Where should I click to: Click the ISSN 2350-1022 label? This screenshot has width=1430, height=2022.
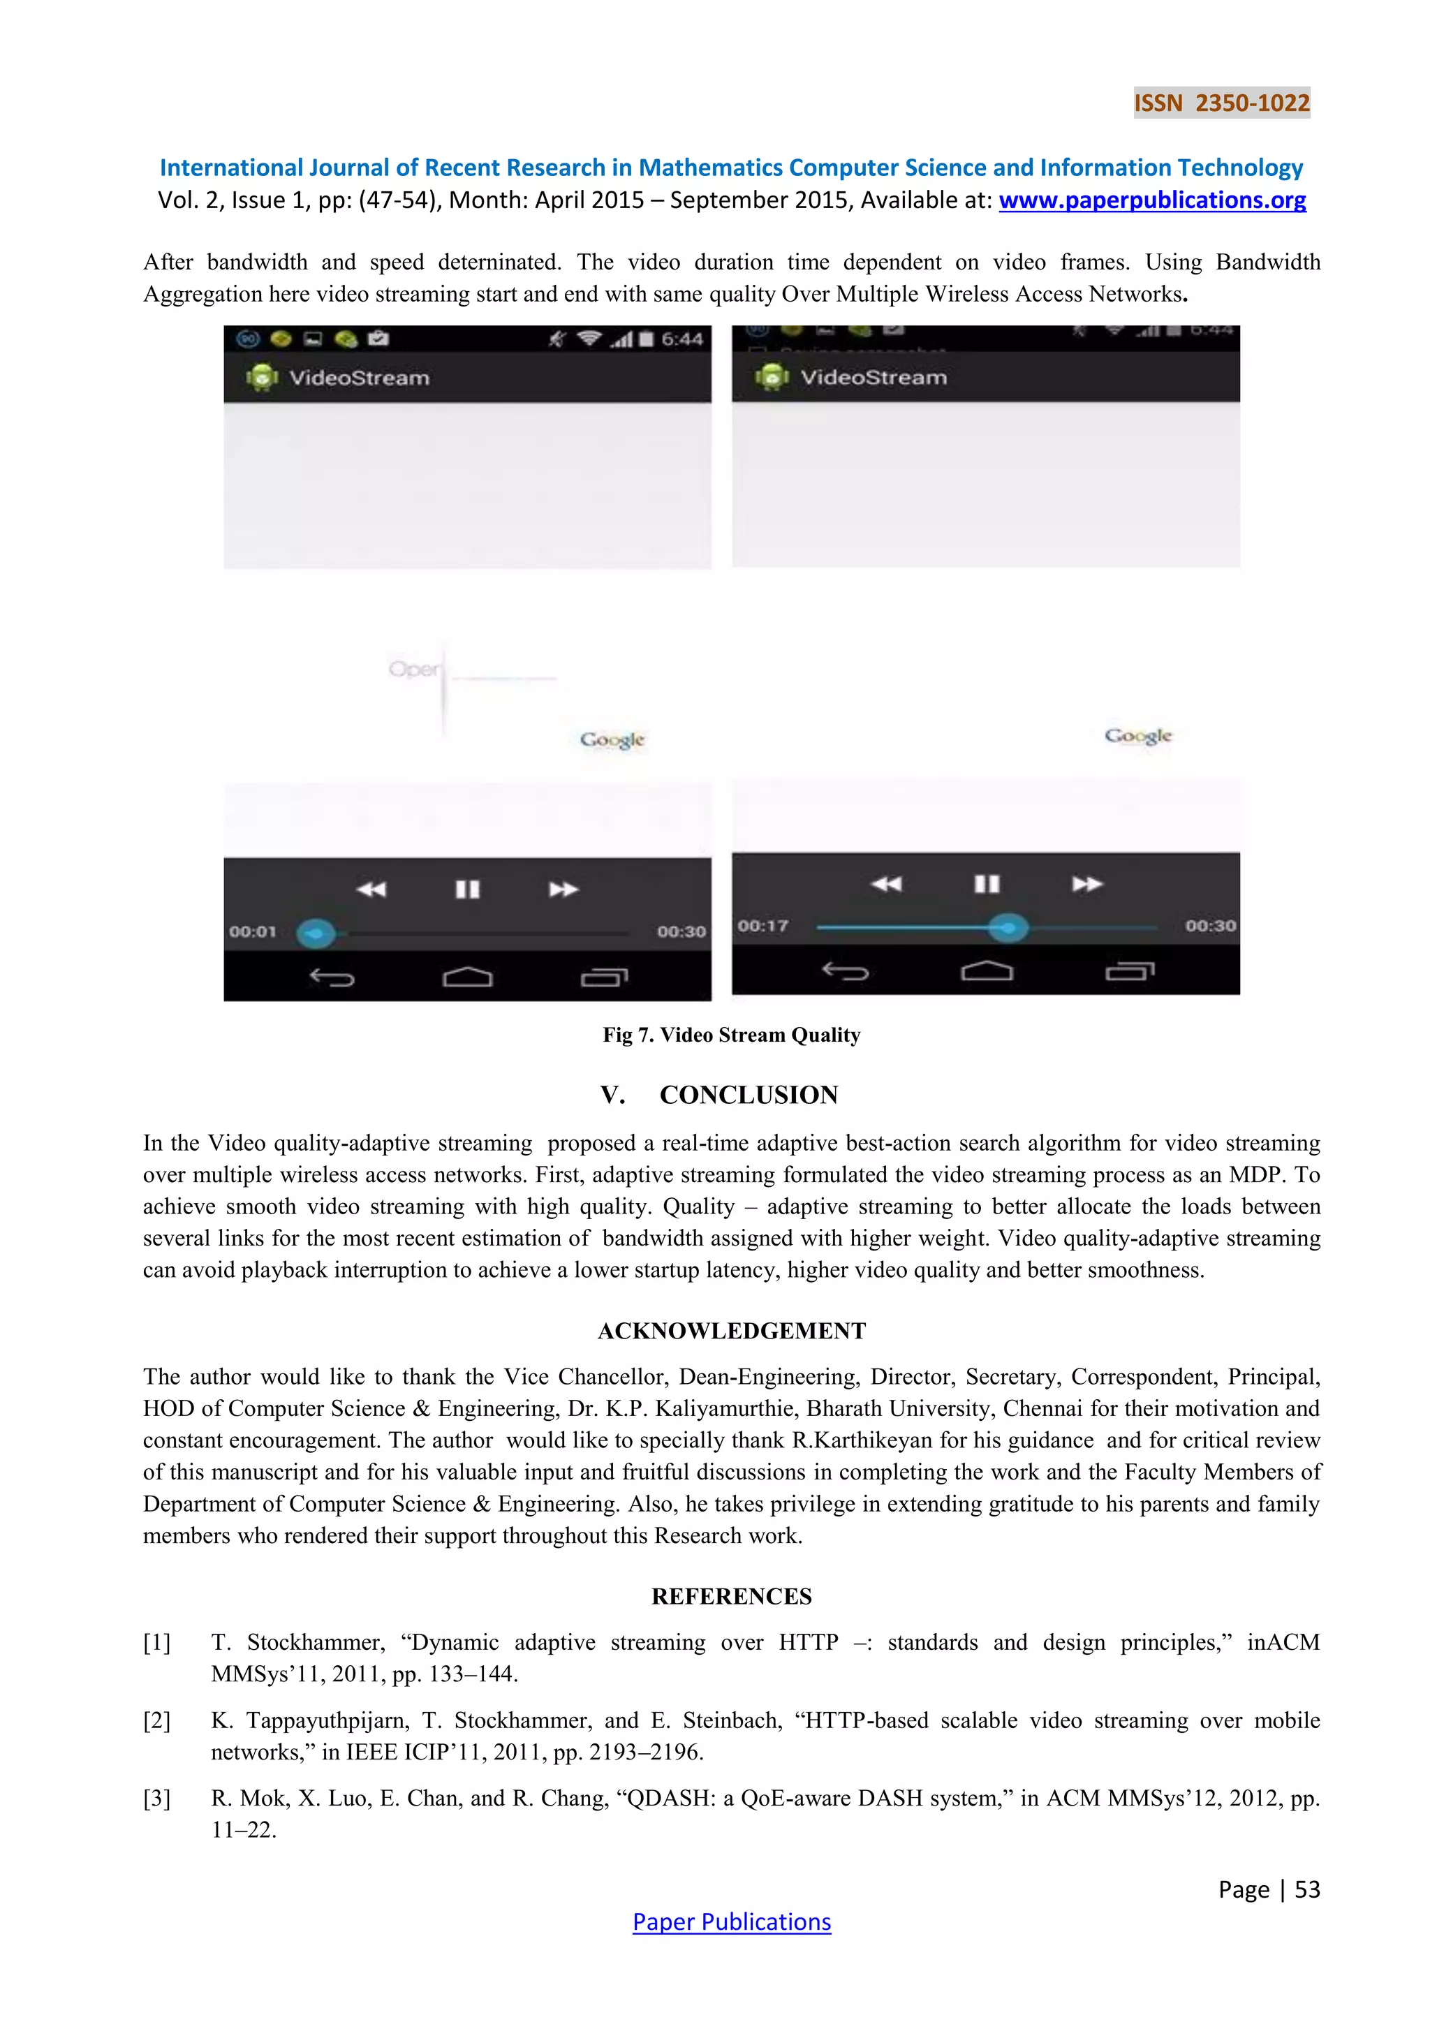pos(1221,103)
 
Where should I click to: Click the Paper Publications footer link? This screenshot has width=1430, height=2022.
pos(731,1921)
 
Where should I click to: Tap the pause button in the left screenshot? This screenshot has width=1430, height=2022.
pos(468,890)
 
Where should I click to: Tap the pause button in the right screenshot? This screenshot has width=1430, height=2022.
pos(986,883)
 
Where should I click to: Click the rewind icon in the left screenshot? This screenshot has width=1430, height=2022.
pos(371,890)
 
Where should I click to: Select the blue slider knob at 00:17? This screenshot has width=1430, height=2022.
pos(1008,927)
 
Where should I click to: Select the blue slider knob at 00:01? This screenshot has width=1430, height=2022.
pos(316,933)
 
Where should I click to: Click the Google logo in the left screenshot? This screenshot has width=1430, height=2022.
pos(612,740)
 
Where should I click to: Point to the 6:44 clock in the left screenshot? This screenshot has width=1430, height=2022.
pos(681,339)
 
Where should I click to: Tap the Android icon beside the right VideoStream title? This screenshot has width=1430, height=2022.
pos(772,377)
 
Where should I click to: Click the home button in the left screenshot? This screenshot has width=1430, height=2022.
pos(468,977)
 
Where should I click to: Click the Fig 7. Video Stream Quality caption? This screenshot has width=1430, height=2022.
pos(731,1035)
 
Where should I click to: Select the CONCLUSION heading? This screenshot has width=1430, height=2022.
pos(749,1095)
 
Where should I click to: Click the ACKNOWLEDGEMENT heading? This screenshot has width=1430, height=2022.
pos(731,1331)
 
